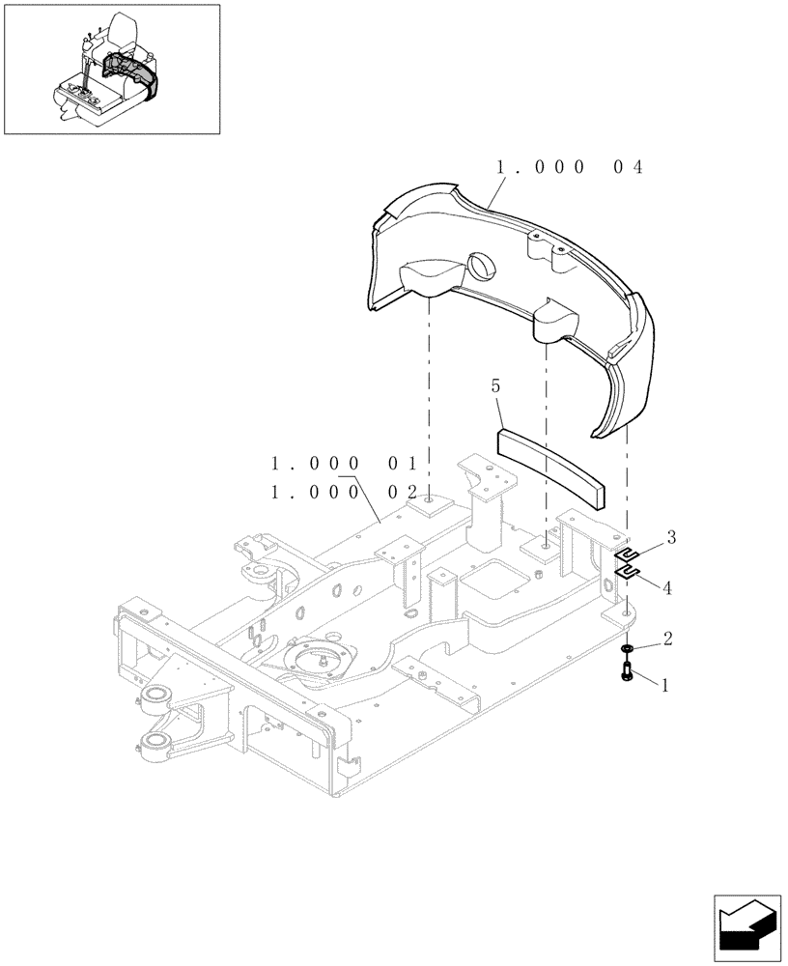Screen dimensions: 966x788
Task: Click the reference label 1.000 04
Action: [x=569, y=167]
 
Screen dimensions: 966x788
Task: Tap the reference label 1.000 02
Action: [x=343, y=492]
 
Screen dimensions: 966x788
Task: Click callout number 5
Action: [x=495, y=387]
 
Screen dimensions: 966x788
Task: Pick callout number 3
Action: [x=670, y=537]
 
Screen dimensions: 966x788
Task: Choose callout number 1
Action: [x=664, y=683]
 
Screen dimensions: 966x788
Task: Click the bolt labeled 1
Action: [x=627, y=668]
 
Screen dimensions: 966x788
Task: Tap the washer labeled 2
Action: [x=627, y=648]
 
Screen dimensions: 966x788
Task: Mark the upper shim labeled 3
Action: [x=628, y=554]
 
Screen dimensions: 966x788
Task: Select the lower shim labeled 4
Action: [x=628, y=575]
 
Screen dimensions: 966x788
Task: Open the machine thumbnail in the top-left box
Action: [x=111, y=70]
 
